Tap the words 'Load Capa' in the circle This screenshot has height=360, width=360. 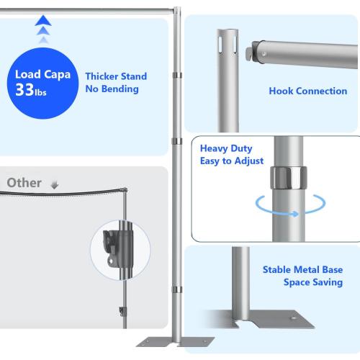pyautogui.click(x=42, y=74)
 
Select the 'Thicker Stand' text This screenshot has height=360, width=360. pyautogui.click(x=116, y=76)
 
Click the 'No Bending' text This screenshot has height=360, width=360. pyautogui.click(x=112, y=89)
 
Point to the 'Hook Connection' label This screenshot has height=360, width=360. pyautogui.click(x=297, y=91)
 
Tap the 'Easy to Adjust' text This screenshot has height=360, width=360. pyautogui.click(x=232, y=161)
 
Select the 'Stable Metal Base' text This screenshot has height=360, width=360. pyautogui.click(x=302, y=270)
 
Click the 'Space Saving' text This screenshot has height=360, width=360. pyautogui.click(x=312, y=283)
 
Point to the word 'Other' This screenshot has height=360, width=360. pyautogui.click(x=24, y=183)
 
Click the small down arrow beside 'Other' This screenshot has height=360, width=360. pyautogui.click(x=53, y=185)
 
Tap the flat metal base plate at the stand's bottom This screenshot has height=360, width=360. pyautogui.click(x=163, y=342)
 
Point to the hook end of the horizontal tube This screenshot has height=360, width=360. pyautogui.click(x=256, y=52)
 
